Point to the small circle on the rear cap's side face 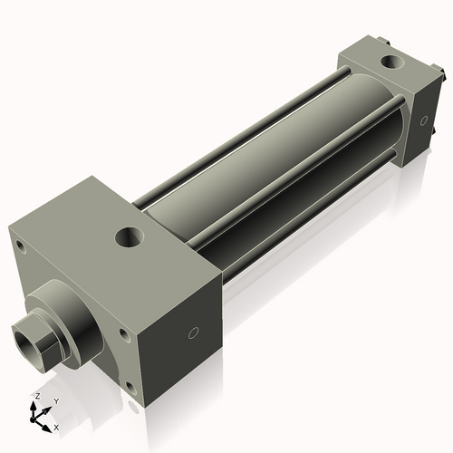pyautogui.click(x=421, y=120)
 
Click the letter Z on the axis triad pyautogui.click(x=36, y=396)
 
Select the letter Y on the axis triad pyautogui.click(x=55, y=400)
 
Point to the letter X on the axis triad pyautogui.click(x=57, y=426)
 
